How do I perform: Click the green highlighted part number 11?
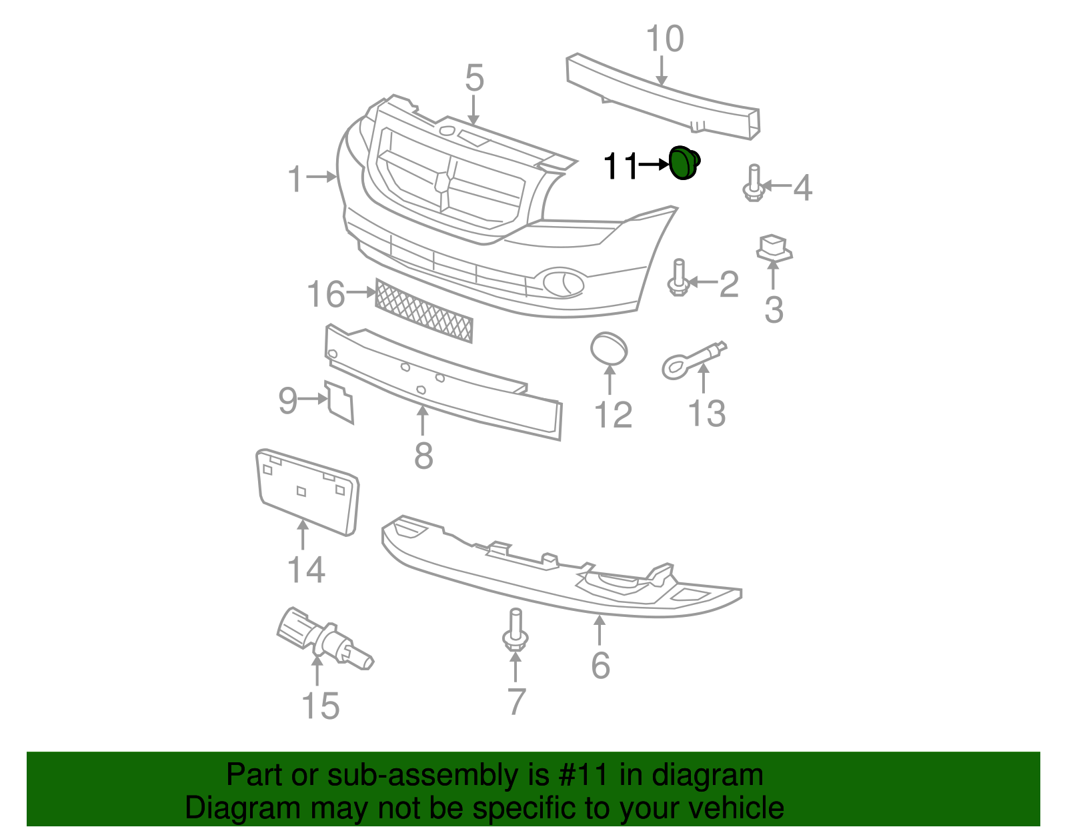[684, 163]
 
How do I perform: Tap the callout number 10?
[665, 39]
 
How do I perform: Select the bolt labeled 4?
[754, 184]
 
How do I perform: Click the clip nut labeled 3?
[774, 247]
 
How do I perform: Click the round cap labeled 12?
[609, 349]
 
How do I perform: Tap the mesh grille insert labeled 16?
[423, 311]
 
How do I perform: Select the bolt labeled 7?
[515, 630]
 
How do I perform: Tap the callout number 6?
[600, 665]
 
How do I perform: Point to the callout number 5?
[474, 79]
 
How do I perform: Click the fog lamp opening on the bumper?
[564, 283]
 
